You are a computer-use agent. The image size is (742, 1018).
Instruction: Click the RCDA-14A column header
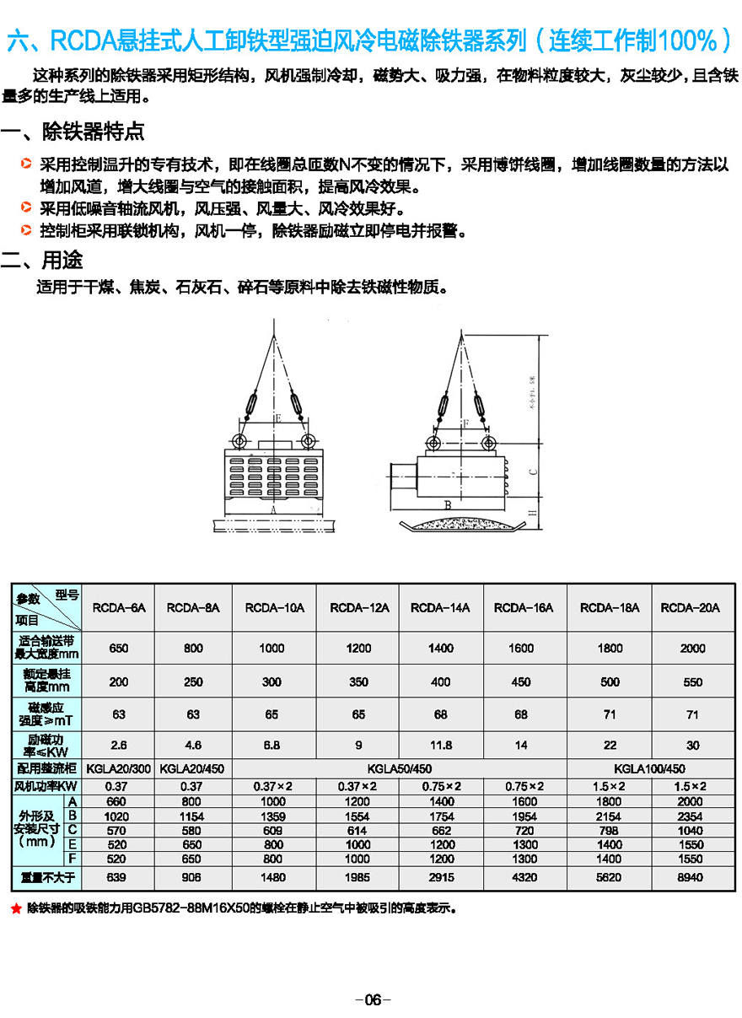440,607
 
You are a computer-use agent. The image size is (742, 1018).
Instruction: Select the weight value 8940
692,877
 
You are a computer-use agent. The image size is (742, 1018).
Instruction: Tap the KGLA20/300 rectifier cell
119,768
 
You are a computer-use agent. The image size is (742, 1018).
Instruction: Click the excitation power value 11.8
440,746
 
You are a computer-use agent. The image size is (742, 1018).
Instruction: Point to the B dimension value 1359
271,816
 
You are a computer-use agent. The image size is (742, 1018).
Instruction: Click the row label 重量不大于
47,877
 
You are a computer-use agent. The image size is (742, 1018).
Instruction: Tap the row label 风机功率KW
47,786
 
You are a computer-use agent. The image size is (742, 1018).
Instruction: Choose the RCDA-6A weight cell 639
119,877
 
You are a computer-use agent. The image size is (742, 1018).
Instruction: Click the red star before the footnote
15,909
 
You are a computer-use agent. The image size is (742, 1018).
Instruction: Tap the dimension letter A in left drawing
274,509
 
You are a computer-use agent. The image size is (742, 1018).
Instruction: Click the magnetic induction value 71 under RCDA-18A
610,714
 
